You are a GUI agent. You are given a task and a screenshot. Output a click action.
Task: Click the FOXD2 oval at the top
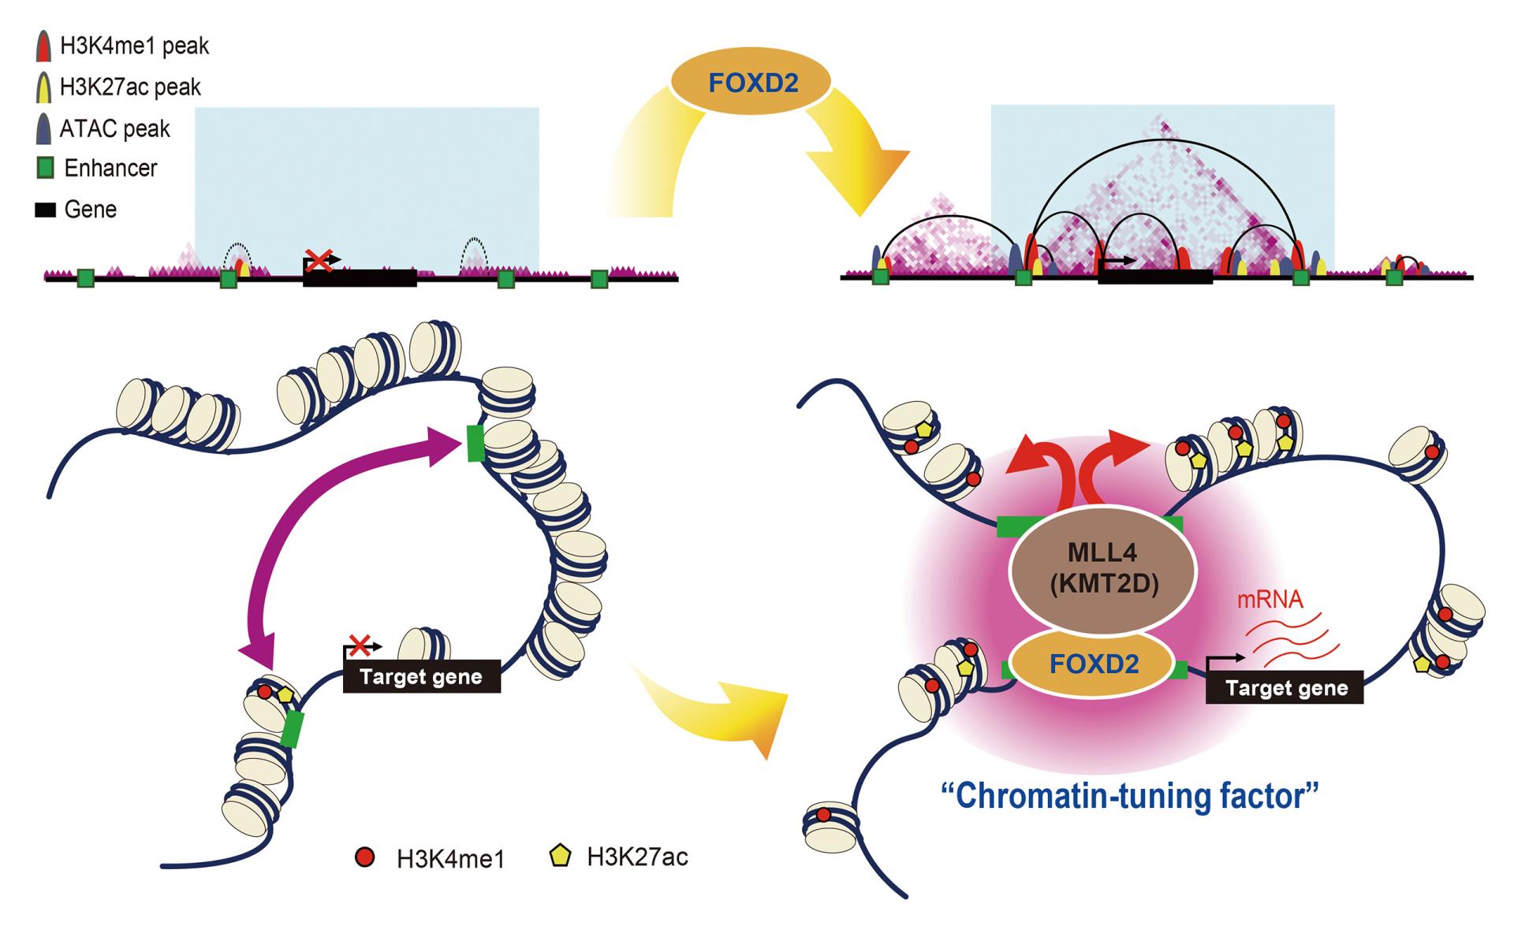(750, 82)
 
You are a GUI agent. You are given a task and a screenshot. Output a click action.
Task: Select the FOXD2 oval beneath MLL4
(1094, 664)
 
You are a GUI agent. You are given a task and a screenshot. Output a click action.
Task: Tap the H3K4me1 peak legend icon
(44, 46)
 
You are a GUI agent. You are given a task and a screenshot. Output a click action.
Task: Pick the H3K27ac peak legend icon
(44, 87)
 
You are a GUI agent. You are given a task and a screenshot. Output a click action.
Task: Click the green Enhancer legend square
(46, 168)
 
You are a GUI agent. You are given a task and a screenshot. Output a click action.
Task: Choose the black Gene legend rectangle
(45, 210)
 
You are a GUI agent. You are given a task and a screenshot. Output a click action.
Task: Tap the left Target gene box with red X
(421, 677)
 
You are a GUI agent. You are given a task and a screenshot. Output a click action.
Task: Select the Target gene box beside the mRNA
(1285, 688)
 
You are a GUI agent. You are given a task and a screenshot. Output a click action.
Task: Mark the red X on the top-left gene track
(319, 259)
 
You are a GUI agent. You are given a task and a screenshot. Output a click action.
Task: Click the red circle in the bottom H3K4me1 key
(365, 857)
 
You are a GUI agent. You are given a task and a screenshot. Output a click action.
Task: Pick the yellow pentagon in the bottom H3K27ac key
(560, 856)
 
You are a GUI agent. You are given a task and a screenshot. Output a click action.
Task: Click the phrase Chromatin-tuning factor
(1130, 796)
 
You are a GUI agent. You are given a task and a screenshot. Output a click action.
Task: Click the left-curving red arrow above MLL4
(1041, 465)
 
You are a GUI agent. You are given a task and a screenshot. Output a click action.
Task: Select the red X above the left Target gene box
(360, 646)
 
